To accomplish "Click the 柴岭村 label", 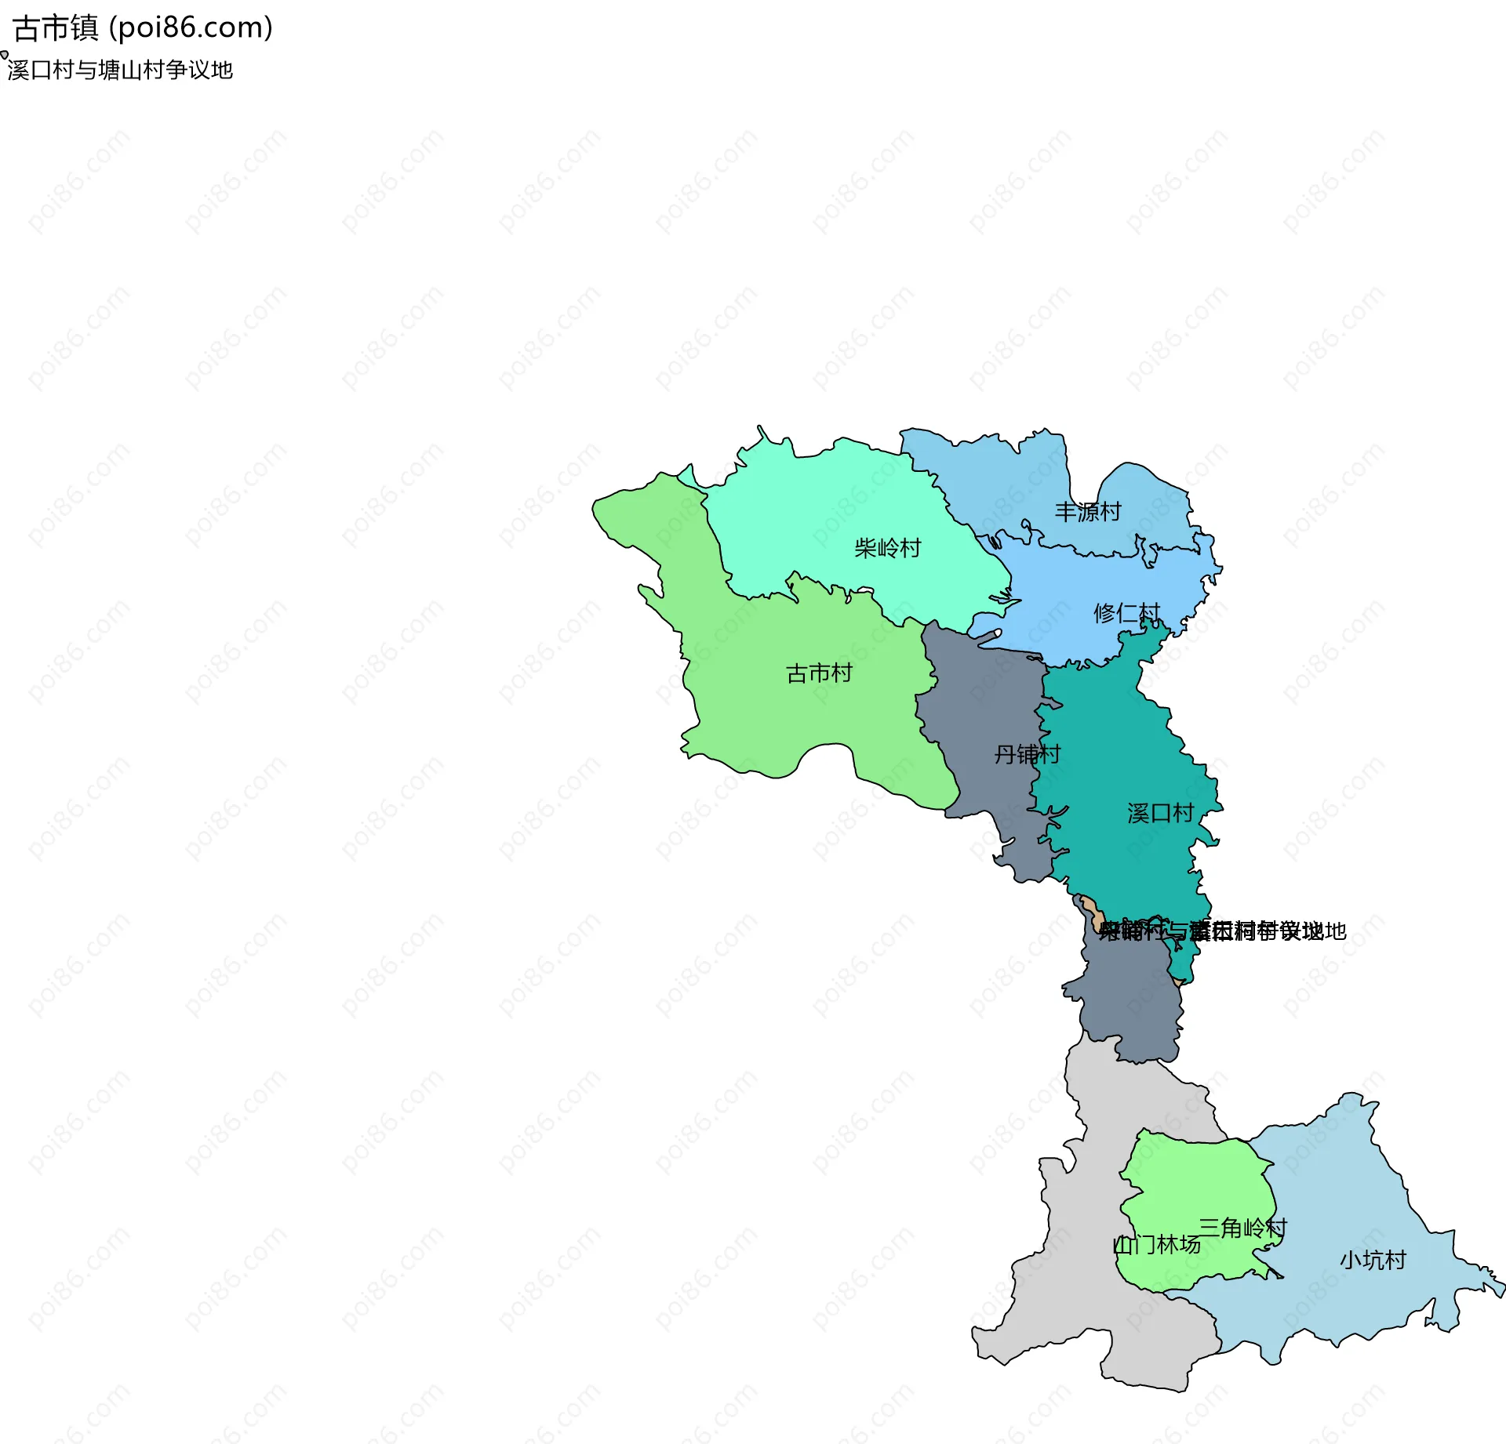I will click(x=887, y=548).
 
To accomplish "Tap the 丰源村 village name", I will click(x=1087, y=512).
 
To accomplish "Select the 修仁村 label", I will click(x=1126, y=613).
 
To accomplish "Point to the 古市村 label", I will click(x=819, y=673).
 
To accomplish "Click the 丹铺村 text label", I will click(x=1027, y=754).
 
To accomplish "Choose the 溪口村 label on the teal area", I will click(x=1160, y=813).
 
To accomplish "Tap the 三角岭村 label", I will click(x=1242, y=1228).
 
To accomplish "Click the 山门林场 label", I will click(x=1157, y=1245).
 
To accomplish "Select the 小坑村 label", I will click(x=1373, y=1261).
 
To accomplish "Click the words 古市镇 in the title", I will click(x=56, y=28).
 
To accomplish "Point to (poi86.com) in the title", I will click(x=191, y=28).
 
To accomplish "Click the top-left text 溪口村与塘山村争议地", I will click(x=120, y=71).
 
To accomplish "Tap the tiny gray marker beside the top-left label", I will click(x=4, y=55).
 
